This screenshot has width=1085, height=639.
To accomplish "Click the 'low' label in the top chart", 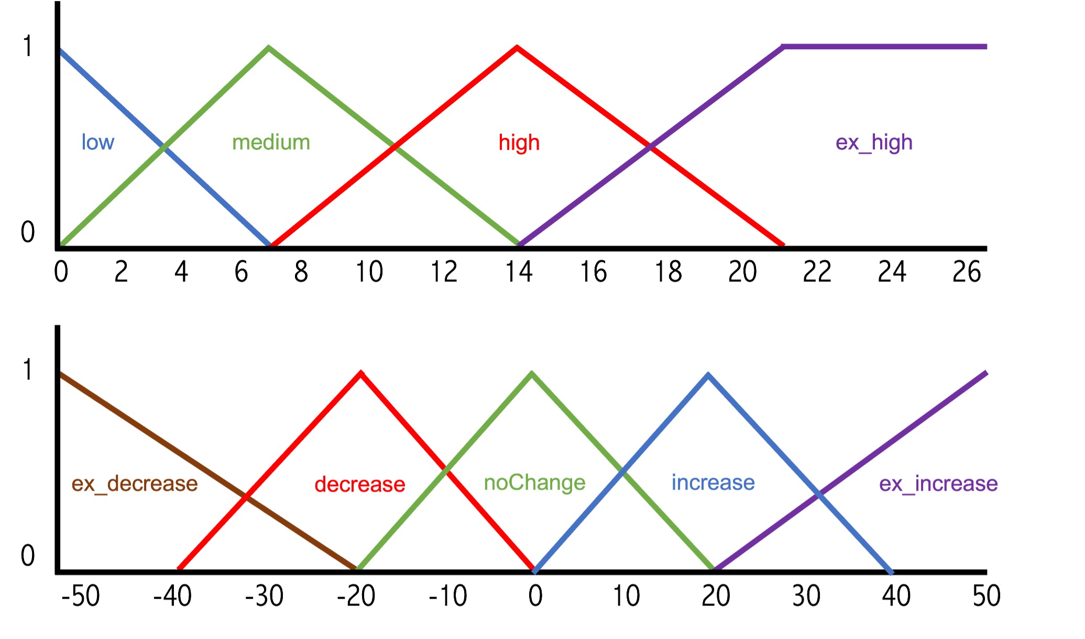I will click(x=97, y=142).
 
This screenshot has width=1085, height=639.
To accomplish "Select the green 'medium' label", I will click(x=271, y=142).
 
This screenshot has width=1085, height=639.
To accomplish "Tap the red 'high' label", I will click(x=519, y=143).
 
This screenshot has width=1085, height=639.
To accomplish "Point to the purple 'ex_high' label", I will click(x=874, y=143).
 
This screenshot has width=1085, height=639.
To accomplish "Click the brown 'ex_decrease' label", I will click(x=135, y=483).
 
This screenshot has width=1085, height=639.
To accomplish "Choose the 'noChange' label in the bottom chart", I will click(x=534, y=483).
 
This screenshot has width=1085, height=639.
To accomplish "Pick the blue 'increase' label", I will click(x=713, y=482).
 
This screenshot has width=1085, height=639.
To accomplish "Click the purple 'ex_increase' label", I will click(x=938, y=483).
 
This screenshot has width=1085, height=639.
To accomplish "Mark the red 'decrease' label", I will click(x=360, y=484).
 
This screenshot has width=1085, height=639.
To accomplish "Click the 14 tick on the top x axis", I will click(x=519, y=272).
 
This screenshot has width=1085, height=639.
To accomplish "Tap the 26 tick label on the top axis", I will click(x=967, y=272).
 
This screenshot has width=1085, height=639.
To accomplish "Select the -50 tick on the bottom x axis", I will click(x=80, y=595).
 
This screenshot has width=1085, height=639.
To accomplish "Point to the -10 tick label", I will click(x=448, y=595).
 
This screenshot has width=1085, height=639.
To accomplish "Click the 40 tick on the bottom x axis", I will click(x=896, y=595).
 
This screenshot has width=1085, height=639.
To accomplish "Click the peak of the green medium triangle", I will click(x=269, y=48).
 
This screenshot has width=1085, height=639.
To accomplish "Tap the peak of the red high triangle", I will click(x=517, y=47).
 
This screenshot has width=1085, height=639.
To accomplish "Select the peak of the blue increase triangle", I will click(x=708, y=374).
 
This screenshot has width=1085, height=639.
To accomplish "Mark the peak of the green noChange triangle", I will click(x=532, y=373).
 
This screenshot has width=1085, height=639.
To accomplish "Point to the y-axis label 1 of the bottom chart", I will click(x=28, y=370).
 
